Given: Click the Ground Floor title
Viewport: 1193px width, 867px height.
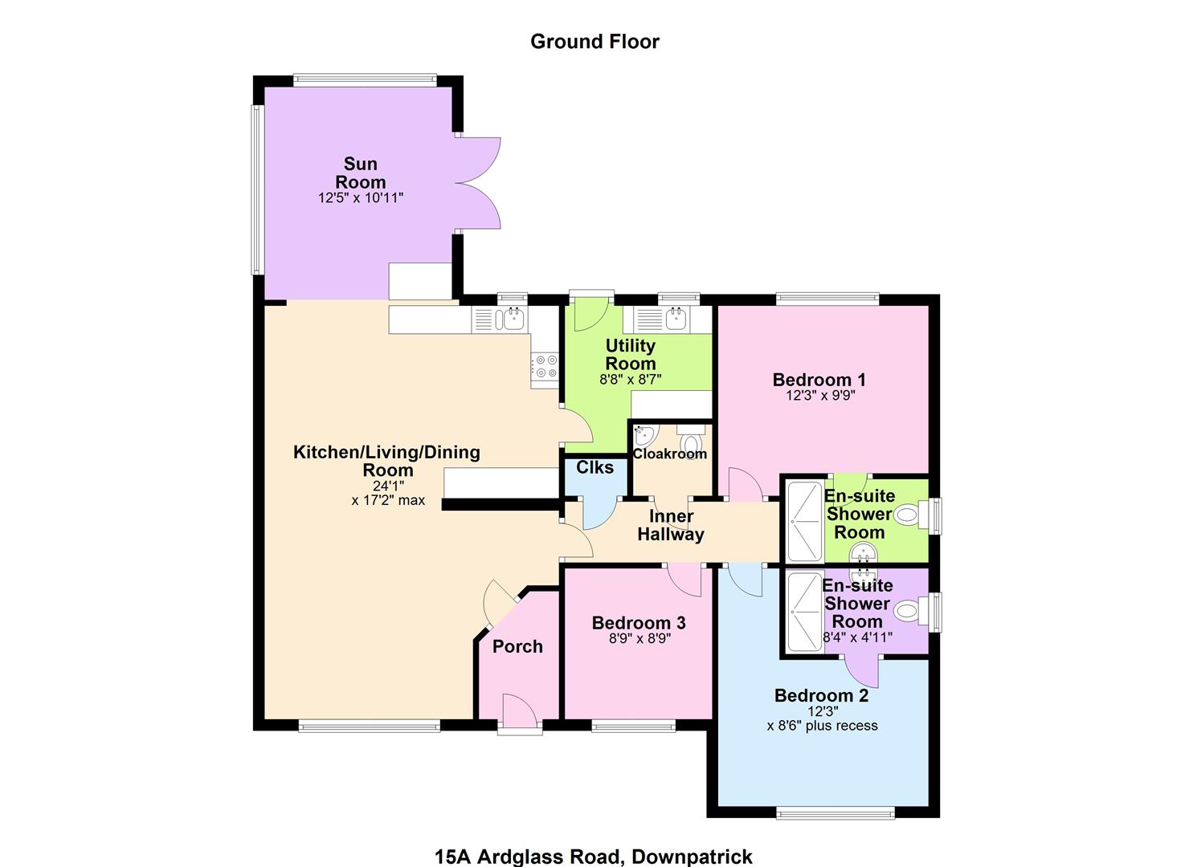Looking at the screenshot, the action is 594,42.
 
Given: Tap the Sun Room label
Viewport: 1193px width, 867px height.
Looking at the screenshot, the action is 361,173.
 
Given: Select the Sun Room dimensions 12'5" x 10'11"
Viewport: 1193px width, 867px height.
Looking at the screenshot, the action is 361,198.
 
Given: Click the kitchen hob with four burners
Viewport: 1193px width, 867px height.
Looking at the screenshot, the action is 545,367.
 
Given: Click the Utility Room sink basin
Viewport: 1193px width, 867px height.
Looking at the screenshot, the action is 677,320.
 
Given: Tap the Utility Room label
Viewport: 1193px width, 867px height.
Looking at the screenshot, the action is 631,355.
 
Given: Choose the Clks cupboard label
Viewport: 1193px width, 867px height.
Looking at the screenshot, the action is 595,467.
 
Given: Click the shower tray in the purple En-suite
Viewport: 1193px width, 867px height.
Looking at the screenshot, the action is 805,612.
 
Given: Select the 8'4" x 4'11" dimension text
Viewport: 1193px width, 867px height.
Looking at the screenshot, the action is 857,637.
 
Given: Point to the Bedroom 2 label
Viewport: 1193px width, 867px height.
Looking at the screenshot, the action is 821,695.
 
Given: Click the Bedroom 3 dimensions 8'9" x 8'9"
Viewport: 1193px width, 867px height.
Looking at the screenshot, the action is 639,638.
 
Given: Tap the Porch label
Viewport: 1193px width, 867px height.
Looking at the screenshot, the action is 517,646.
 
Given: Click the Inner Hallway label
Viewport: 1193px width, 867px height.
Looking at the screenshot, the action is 671,525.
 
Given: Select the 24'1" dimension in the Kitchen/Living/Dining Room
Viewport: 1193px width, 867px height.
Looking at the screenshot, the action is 388,486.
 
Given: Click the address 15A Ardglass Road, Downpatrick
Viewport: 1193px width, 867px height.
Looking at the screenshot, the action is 594,857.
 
